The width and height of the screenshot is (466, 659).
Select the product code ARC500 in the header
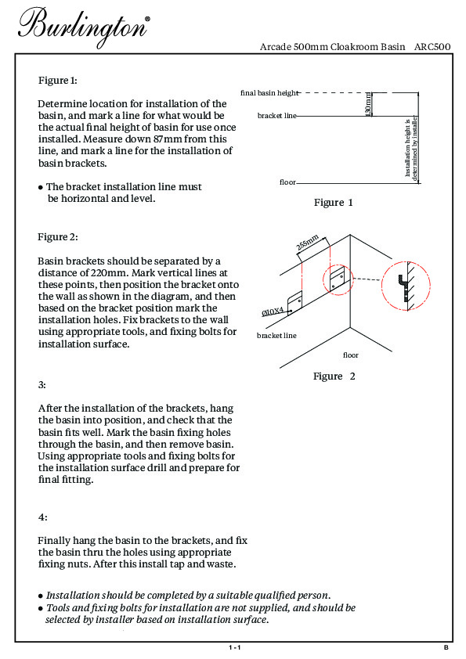click(432, 47)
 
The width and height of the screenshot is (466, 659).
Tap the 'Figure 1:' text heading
click(58, 81)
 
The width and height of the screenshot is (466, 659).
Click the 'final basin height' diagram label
click(269, 93)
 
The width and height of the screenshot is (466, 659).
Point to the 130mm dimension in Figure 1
click(368, 104)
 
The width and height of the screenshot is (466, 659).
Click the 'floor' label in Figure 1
click(287, 182)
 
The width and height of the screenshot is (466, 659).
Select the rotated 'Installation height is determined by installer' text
click(411, 148)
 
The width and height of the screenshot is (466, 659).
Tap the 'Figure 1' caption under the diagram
click(333, 203)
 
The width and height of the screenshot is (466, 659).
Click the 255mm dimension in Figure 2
click(308, 243)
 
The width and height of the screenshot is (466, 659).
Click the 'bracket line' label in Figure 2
click(276, 336)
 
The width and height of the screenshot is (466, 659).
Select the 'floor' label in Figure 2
click(351, 355)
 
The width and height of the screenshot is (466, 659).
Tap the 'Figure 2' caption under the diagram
click(334, 376)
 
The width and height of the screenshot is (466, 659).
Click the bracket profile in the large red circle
click(403, 286)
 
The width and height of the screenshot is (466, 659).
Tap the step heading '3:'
click(42, 385)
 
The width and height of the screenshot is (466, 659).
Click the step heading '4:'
click(43, 517)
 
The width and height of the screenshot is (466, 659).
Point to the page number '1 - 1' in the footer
click(235, 648)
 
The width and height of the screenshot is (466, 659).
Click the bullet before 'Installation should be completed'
click(41, 596)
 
